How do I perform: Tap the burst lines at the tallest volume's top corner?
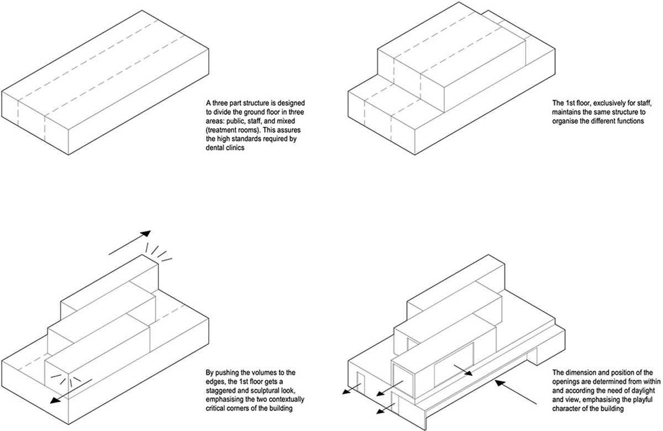click(159, 251)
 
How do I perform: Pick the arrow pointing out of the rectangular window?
click(462, 370)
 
